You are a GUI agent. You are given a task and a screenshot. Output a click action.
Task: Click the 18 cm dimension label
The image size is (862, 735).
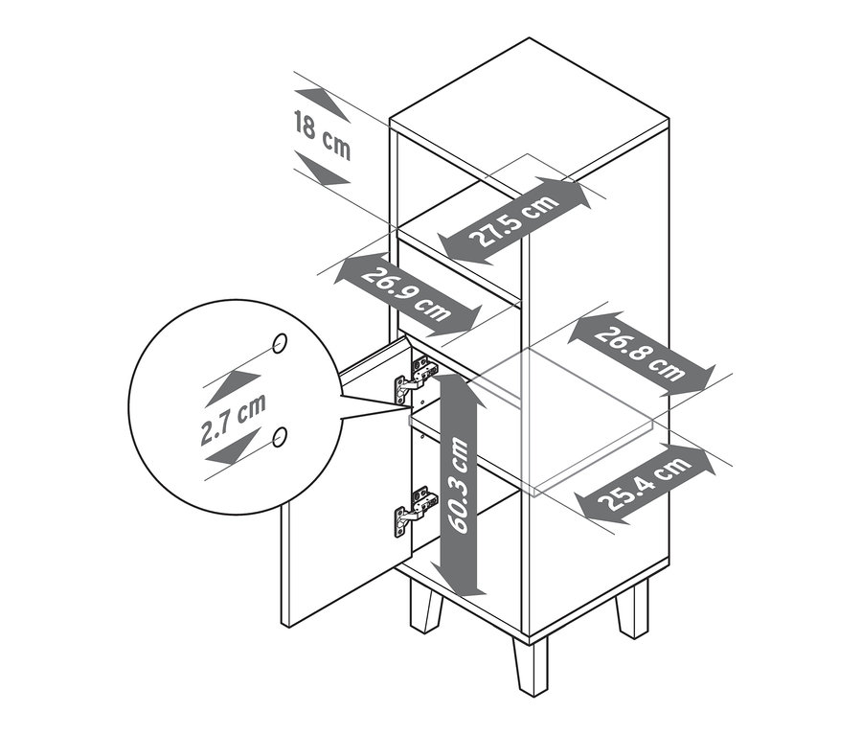(322, 135)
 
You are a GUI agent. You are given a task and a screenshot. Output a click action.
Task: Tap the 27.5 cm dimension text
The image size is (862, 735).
(514, 219)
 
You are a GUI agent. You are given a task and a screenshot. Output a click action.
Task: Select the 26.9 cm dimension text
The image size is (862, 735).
(405, 295)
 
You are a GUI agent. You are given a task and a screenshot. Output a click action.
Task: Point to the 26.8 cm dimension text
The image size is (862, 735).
(640, 354)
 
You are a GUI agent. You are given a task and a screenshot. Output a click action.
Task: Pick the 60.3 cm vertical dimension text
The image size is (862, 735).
(459, 485)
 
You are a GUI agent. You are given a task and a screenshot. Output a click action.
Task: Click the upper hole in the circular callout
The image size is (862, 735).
(280, 343)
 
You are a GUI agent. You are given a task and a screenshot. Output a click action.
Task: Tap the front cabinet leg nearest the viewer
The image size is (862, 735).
(532, 666)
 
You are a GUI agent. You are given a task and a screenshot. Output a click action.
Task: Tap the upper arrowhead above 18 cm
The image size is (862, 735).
(323, 104)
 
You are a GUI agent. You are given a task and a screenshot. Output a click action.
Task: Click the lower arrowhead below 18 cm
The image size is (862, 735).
(323, 168)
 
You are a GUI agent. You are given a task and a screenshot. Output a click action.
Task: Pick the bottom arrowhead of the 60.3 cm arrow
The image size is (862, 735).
(458, 581)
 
